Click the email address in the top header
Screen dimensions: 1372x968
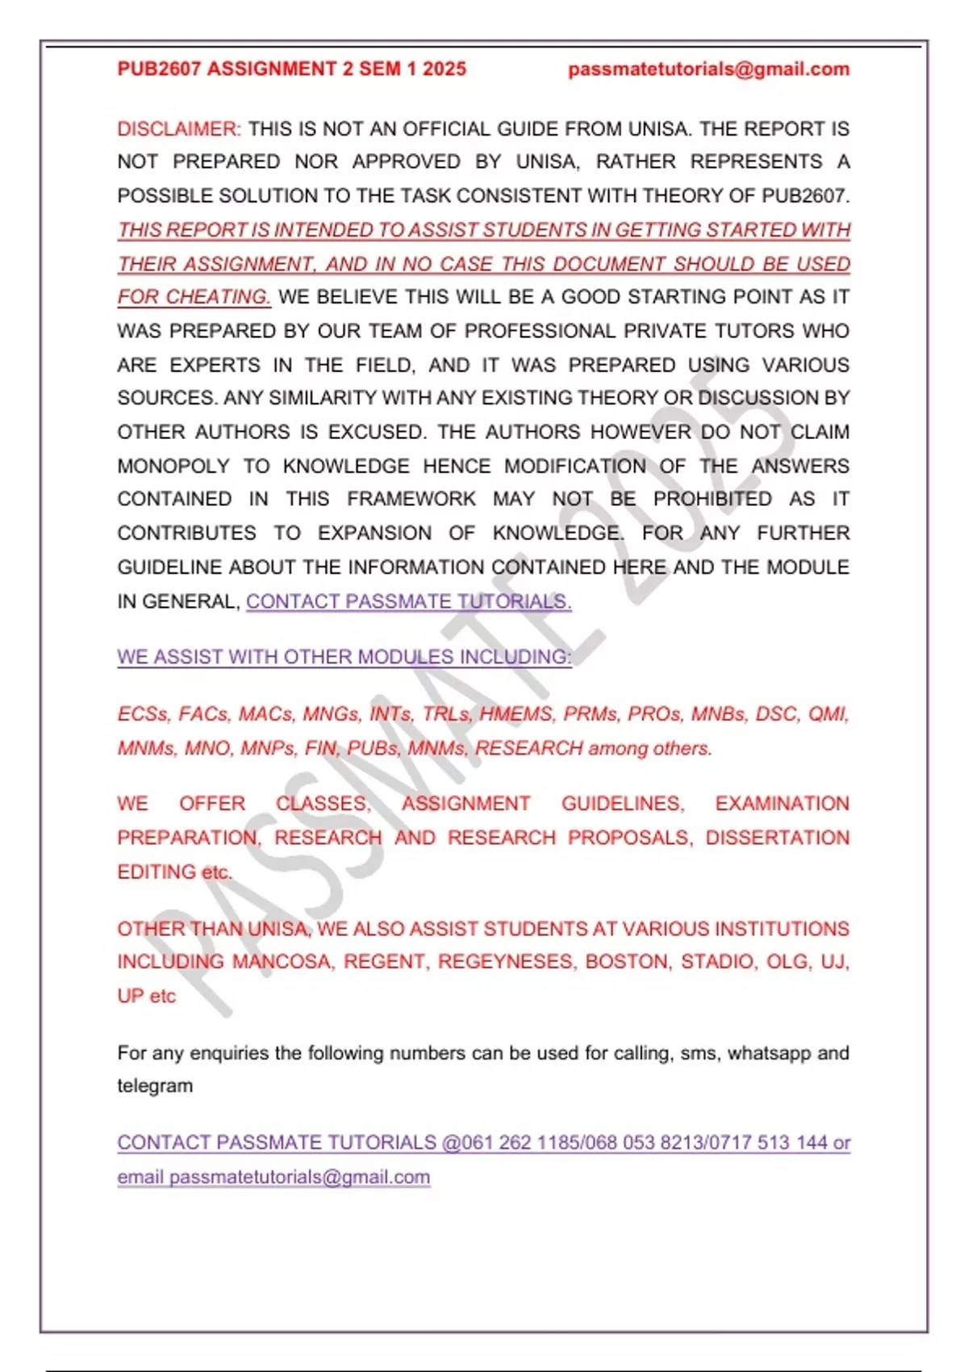click(x=708, y=69)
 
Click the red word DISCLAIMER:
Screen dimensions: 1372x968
click(x=179, y=129)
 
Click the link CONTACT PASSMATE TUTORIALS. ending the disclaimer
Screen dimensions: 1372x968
click(x=408, y=601)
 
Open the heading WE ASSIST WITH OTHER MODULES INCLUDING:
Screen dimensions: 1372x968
click(x=344, y=657)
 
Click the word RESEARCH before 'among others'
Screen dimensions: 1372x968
click(x=528, y=748)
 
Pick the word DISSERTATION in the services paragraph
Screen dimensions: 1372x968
click(x=777, y=838)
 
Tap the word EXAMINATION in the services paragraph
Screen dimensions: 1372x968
click(x=782, y=804)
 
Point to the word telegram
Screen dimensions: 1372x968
click(x=155, y=1086)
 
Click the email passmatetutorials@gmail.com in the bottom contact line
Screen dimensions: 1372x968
click(x=299, y=1177)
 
